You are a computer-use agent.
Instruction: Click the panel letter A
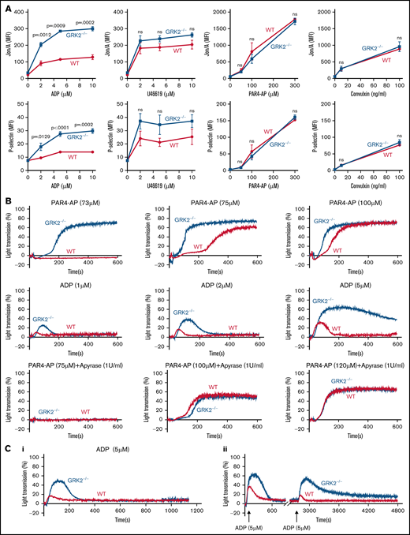(6, 6)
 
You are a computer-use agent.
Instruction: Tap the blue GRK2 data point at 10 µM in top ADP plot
(92, 28)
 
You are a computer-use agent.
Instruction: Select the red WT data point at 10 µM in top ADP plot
(92, 57)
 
